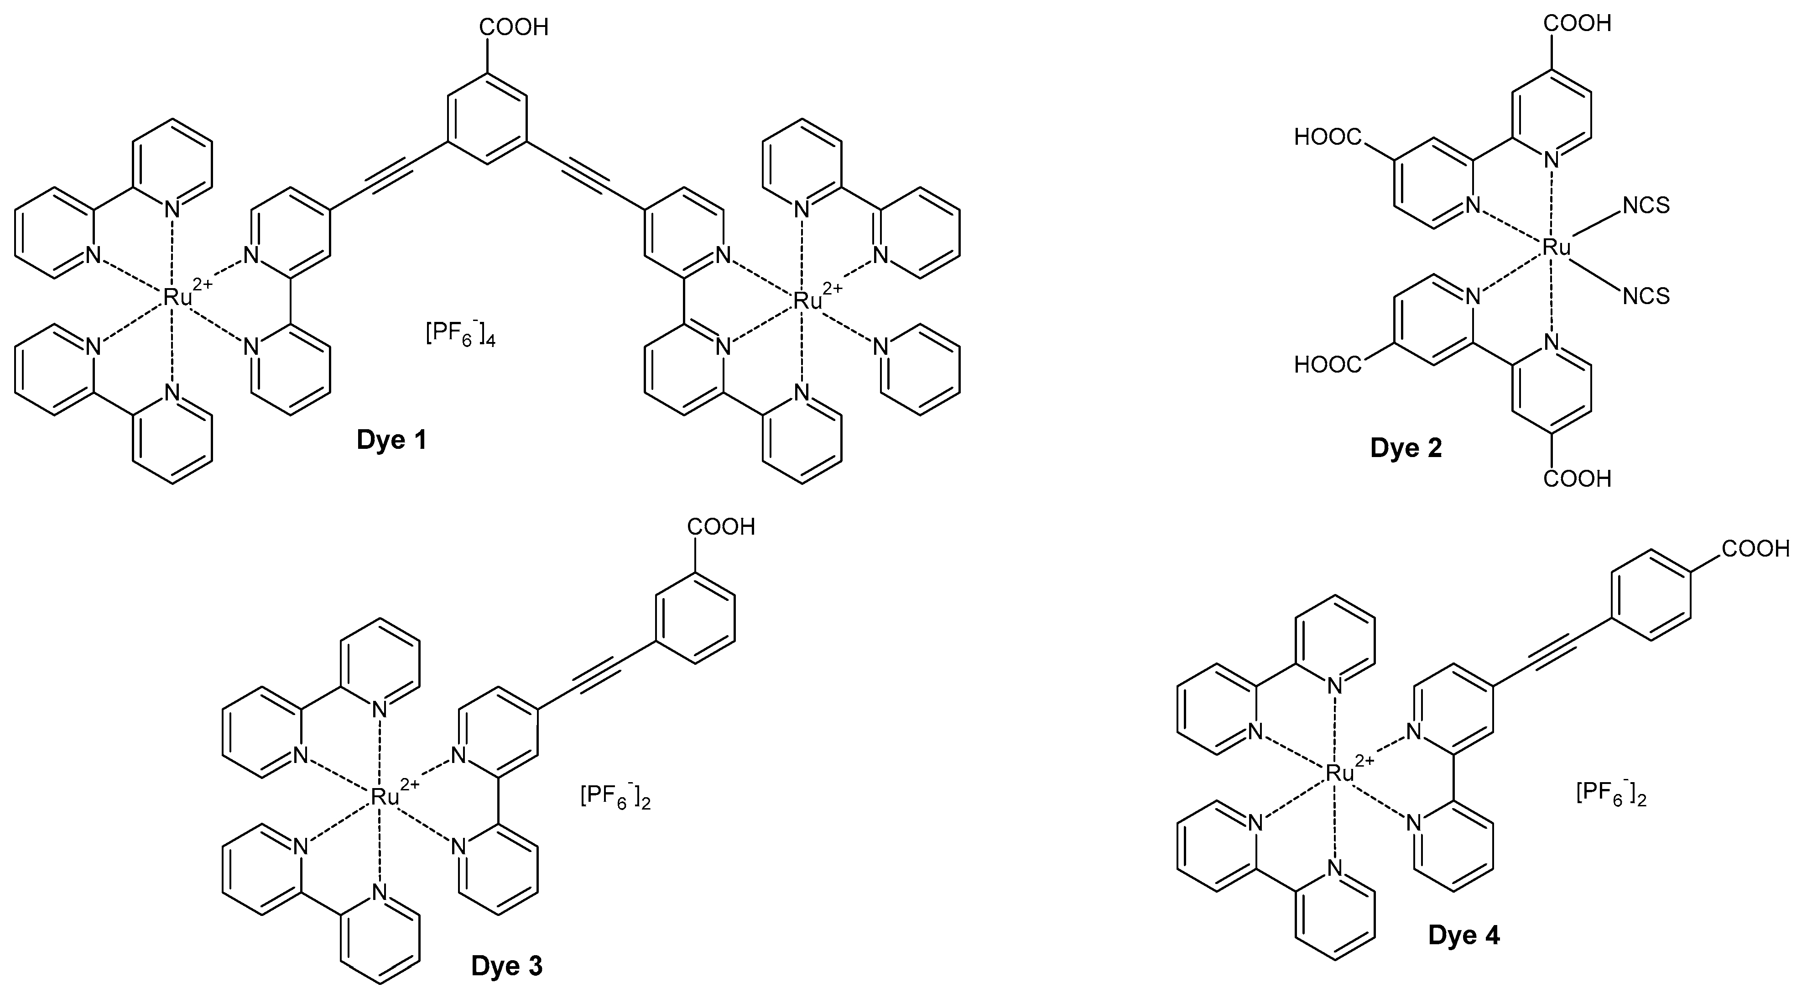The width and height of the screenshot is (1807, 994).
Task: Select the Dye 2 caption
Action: pyautogui.click(x=1406, y=448)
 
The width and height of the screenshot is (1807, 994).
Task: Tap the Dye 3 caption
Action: pyautogui.click(x=506, y=967)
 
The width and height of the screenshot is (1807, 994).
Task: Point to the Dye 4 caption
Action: pyautogui.click(x=1464, y=936)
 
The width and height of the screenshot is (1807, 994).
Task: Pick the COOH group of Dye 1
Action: pyautogui.click(x=514, y=28)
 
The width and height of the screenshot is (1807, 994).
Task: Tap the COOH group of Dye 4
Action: pyautogui.click(x=1756, y=549)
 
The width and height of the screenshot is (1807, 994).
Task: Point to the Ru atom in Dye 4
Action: pyautogui.click(x=1338, y=773)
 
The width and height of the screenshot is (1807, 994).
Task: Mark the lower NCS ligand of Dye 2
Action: pyautogui.click(x=1646, y=296)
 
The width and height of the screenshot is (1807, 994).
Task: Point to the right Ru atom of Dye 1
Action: pyautogui.click(x=807, y=301)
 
